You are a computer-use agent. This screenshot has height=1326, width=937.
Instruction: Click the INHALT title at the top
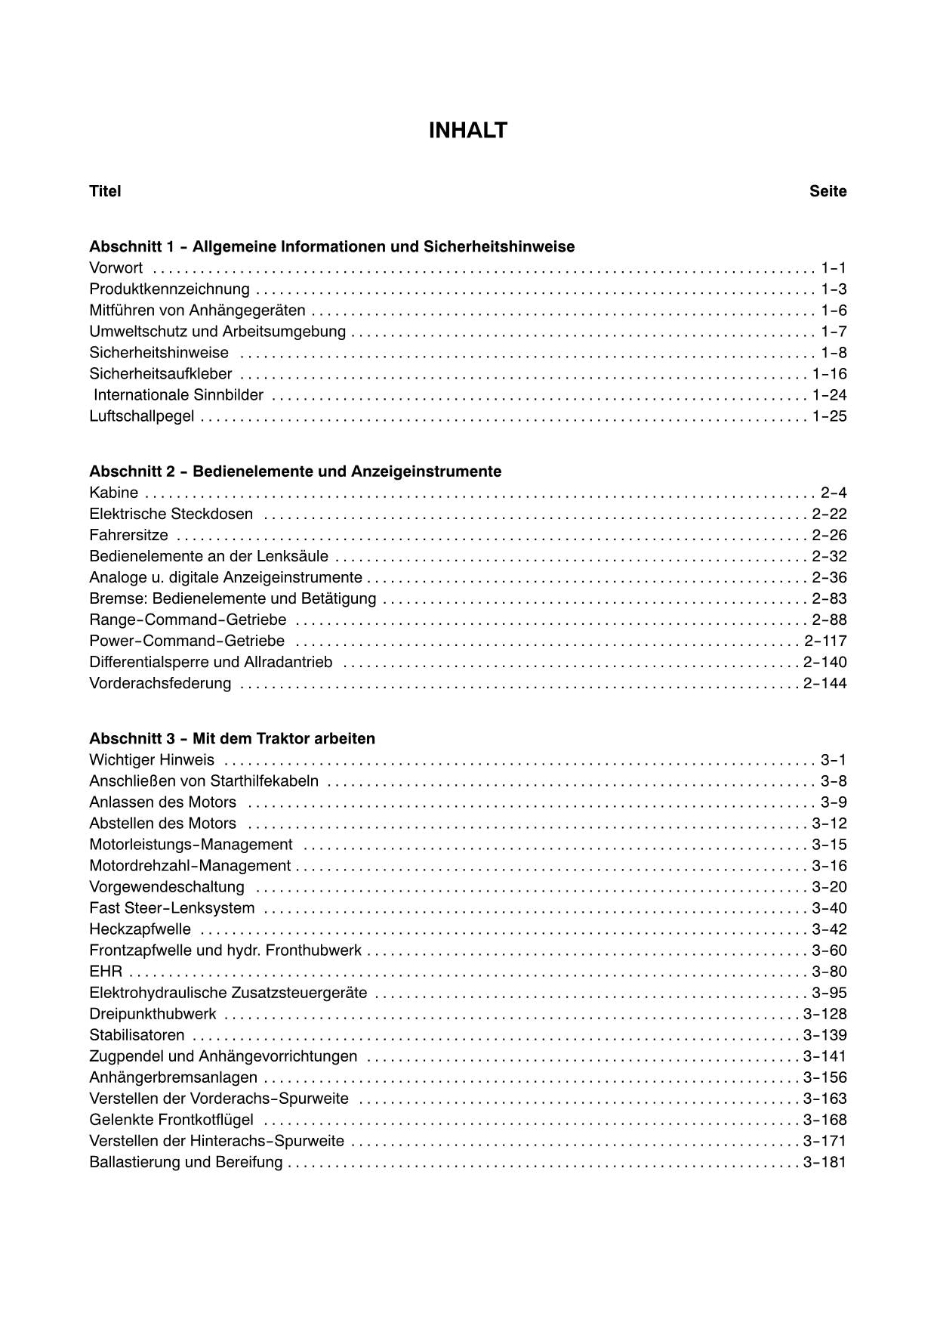pos(467,131)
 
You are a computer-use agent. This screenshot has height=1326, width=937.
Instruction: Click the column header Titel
pos(105,191)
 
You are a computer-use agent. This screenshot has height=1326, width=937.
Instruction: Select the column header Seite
pos(828,191)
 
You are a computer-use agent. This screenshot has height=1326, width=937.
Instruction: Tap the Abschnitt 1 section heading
pos(331,247)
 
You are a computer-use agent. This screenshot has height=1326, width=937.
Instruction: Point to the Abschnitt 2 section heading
pos(295,471)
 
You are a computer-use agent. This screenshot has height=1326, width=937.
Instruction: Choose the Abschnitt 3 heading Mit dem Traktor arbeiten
pos(232,738)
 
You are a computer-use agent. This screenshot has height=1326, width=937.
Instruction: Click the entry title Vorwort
pos(116,268)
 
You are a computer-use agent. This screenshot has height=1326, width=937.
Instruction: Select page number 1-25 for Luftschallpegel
pos(829,416)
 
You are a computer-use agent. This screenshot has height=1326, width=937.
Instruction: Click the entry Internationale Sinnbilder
pos(178,395)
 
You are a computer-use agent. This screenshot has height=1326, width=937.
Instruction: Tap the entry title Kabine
pos(113,493)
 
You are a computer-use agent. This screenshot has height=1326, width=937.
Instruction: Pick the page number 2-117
pos(825,641)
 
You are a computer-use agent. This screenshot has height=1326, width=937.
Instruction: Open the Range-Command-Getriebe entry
pos(187,620)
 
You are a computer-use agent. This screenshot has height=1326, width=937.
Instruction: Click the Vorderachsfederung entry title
pos(160,684)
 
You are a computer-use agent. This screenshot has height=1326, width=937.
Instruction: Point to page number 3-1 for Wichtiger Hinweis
pos(834,760)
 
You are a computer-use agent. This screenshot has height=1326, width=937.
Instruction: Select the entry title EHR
pos(105,972)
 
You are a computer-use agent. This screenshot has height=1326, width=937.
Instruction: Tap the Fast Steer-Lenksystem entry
pos(171,908)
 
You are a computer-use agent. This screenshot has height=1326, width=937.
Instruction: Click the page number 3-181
pos(824,1162)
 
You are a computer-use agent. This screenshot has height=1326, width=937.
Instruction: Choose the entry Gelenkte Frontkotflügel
pos(171,1120)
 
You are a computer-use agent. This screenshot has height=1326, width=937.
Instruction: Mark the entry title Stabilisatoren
pos(137,1035)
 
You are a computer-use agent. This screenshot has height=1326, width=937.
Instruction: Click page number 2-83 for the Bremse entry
pos(829,599)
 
